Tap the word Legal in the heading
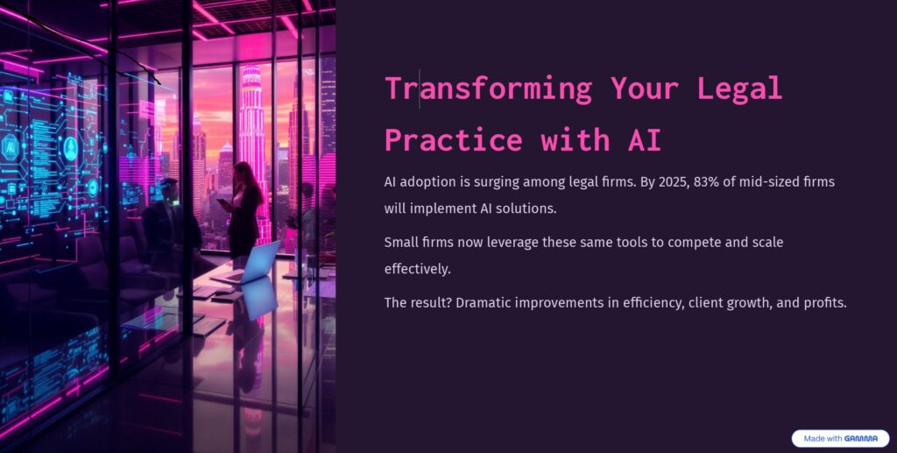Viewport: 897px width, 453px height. tap(739, 88)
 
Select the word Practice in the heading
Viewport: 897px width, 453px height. tap(454, 139)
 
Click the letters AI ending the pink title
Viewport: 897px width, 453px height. tap(644, 139)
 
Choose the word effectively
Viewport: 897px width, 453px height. tap(418, 269)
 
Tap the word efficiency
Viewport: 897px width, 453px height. tap(652, 303)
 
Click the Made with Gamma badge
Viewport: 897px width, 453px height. tap(840, 439)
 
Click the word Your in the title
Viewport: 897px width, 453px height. tap(644, 89)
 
